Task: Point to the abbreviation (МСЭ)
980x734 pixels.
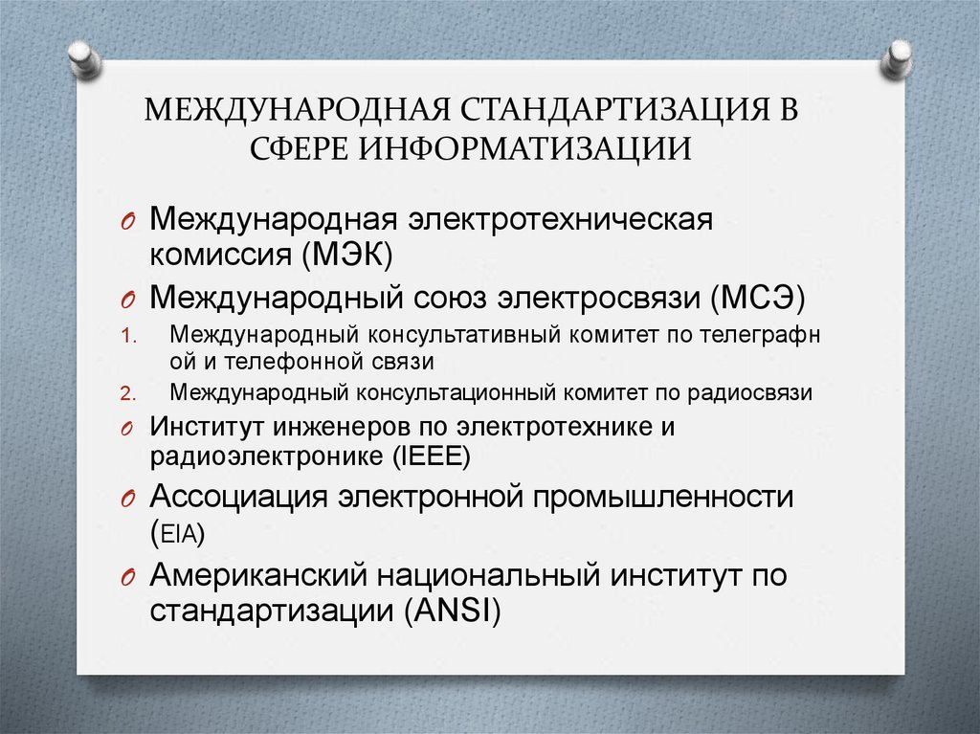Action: click(x=760, y=299)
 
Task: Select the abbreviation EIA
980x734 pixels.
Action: click(x=182, y=535)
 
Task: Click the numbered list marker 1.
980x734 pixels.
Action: click(x=131, y=336)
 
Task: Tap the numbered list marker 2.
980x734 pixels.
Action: click(x=131, y=392)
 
